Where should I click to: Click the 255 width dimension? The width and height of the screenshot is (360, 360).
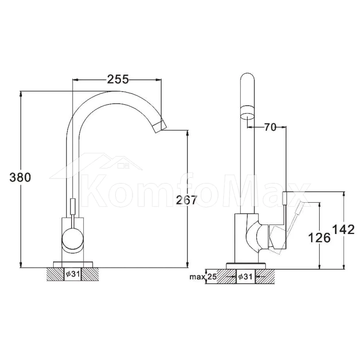tap(118, 80)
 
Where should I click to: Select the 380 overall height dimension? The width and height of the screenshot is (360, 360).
tap(20, 177)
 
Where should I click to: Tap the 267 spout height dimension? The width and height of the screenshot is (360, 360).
tap(186, 200)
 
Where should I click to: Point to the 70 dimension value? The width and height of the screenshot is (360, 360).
tap(270, 127)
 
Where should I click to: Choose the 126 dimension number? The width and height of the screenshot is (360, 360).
tap(319, 237)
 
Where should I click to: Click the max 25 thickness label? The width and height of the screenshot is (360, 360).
tap(203, 277)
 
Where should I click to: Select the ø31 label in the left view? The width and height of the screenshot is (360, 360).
tap(73, 274)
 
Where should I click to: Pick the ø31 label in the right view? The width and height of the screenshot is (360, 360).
tap(246, 276)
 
